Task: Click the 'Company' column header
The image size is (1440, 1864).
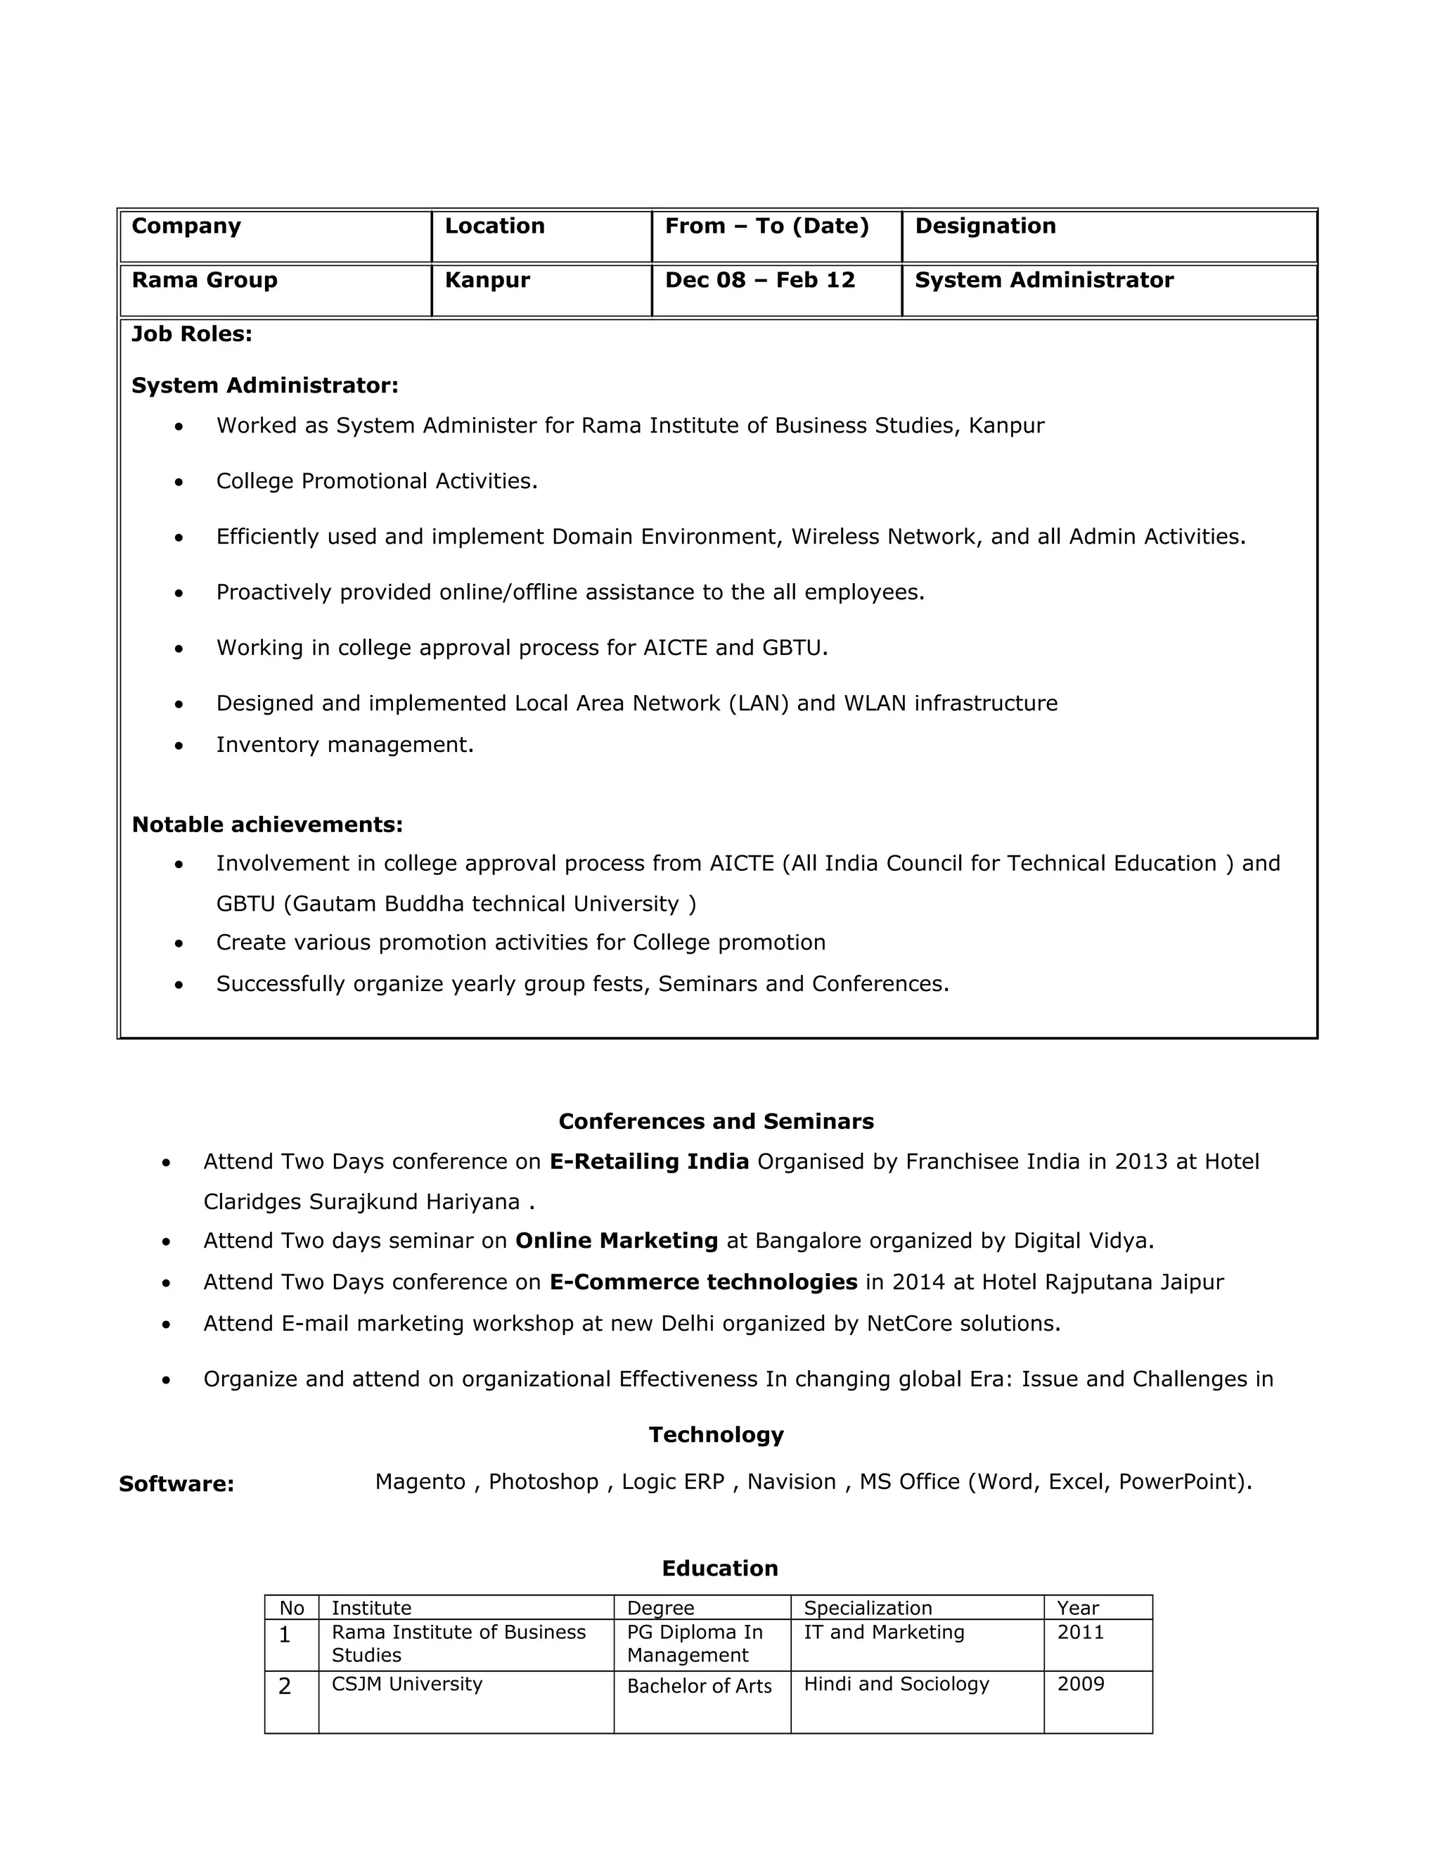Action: (186, 226)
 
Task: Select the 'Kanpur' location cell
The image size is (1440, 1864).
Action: (487, 280)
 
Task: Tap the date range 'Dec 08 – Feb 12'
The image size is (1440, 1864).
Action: (759, 280)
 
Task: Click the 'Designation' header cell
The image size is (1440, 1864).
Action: (985, 226)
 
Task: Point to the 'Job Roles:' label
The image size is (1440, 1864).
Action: (192, 333)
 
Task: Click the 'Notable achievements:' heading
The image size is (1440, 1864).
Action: (267, 824)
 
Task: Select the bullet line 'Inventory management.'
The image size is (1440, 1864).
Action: (345, 745)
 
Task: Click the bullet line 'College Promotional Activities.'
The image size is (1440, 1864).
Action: (377, 481)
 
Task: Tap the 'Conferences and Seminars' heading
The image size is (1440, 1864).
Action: (716, 1121)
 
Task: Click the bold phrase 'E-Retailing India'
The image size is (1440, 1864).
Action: (649, 1161)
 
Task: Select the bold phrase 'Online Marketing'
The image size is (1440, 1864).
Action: (617, 1241)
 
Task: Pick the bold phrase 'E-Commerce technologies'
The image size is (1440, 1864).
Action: (703, 1282)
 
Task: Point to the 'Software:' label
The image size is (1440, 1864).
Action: (176, 1484)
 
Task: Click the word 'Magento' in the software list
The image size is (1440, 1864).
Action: (420, 1481)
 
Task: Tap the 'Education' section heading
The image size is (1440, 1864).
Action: (719, 1569)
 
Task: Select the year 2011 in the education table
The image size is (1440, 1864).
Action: (1080, 1633)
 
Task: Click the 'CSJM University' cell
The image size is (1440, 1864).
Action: (407, 1684)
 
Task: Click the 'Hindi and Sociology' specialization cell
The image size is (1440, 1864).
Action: (896, 1684)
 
